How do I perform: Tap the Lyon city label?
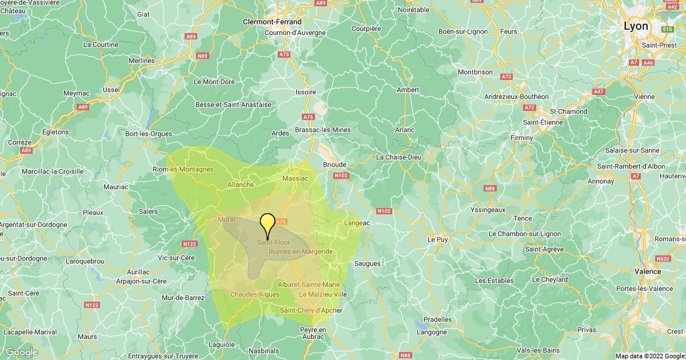(636, 26)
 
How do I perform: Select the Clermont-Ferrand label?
(272, 22)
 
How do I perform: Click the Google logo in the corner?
(22, 352)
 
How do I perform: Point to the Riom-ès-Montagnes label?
(183, 169)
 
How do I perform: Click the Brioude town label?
(334, 165)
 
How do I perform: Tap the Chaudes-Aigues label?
(255, 294)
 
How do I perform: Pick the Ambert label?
(408, 90)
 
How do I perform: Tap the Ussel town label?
(111, 90)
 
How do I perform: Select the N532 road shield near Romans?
(663, 258)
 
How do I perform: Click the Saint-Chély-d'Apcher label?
(311, 310)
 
